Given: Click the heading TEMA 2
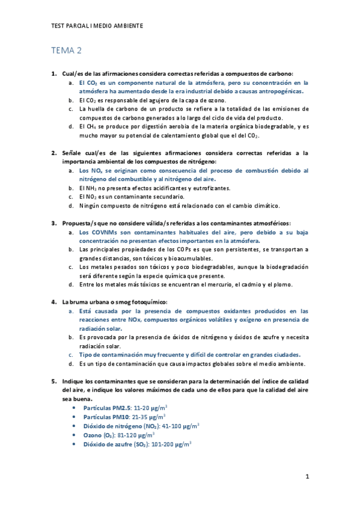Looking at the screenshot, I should (66, 50).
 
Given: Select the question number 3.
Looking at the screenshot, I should (53, 223).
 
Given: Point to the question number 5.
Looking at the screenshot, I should (53, 381).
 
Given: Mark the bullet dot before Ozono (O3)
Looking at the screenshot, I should (73, 435).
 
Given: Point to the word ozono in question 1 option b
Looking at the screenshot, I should (214, 100).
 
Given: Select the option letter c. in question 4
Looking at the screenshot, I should (71, 355).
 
